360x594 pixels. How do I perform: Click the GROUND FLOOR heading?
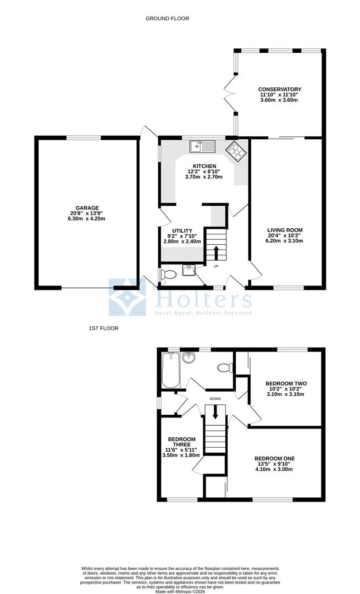pos(167,19)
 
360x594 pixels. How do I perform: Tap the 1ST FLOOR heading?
pos(103,328)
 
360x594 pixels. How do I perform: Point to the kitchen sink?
pos(202,146)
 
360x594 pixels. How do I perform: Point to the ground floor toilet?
pos(169,273)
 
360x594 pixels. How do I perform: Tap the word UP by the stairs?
pos(216,267)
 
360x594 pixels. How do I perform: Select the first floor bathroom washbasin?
pos(189,358)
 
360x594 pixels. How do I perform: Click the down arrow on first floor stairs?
pos(215,413)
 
